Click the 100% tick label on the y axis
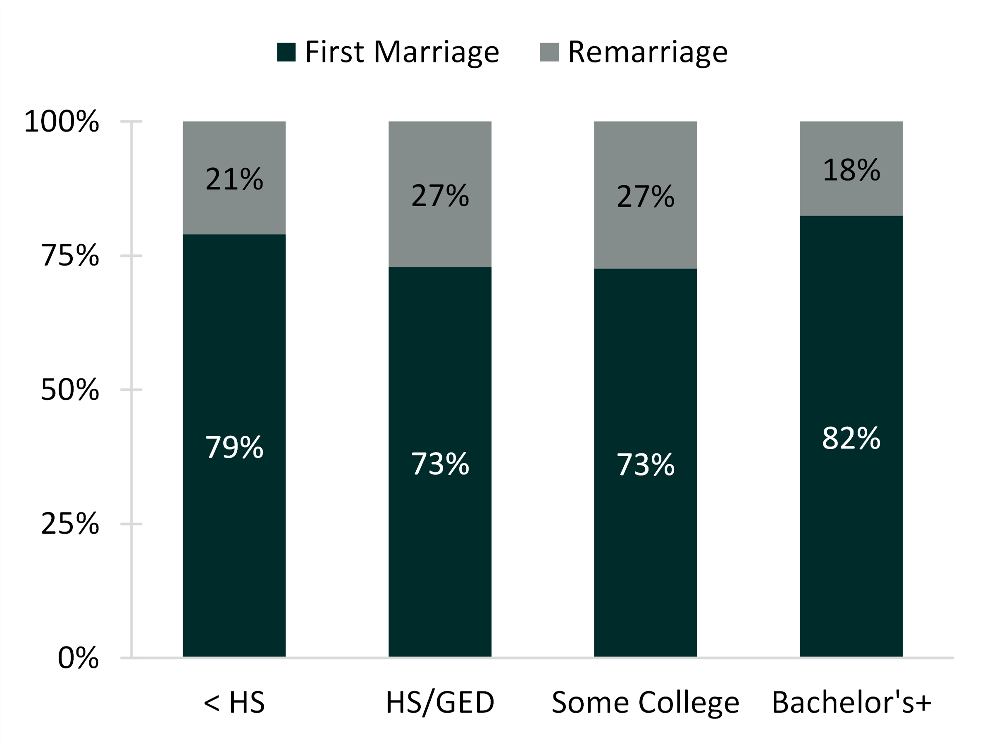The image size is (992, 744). point(62,122)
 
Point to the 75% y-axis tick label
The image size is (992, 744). point(70,256)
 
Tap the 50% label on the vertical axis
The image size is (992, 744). point(70,390)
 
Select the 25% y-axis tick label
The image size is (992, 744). point(70,523)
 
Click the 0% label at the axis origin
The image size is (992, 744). point(78,658)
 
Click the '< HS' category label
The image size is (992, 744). point(234,702)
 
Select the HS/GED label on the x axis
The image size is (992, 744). point(440,702)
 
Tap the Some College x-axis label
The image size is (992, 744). point(645,702)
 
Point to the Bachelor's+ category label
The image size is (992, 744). point(851,702)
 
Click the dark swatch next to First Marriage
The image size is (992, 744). point(286,52)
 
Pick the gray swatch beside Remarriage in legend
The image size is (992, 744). point(549,52)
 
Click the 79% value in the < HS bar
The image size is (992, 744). point(234,447)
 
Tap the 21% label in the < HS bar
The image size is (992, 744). point(234,179)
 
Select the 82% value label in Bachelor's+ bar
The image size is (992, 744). point(851,438)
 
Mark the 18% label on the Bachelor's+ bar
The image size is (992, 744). point(851,170)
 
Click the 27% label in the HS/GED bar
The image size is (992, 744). point(440,196)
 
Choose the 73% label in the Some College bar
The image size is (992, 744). point(645,464)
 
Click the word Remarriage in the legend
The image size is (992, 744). point(648,52)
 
